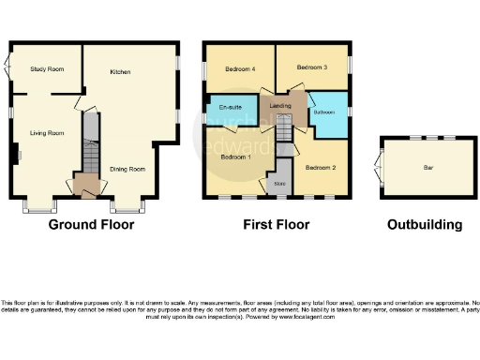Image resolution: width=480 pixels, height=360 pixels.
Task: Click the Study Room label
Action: point(46,68)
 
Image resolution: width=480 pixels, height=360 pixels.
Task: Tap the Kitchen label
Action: point(120,71)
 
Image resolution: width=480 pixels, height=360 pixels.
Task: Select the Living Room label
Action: point(45,133)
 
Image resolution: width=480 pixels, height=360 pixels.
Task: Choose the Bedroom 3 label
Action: point(312,67)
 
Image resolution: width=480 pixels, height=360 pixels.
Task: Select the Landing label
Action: point(280,106)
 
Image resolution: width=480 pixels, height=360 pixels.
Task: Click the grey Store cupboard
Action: point(279,184)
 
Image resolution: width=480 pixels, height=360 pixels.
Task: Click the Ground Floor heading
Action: point(91,225)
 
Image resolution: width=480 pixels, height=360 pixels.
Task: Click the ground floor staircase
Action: point(90,156)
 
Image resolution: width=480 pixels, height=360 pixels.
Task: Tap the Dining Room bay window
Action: point(125,205)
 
